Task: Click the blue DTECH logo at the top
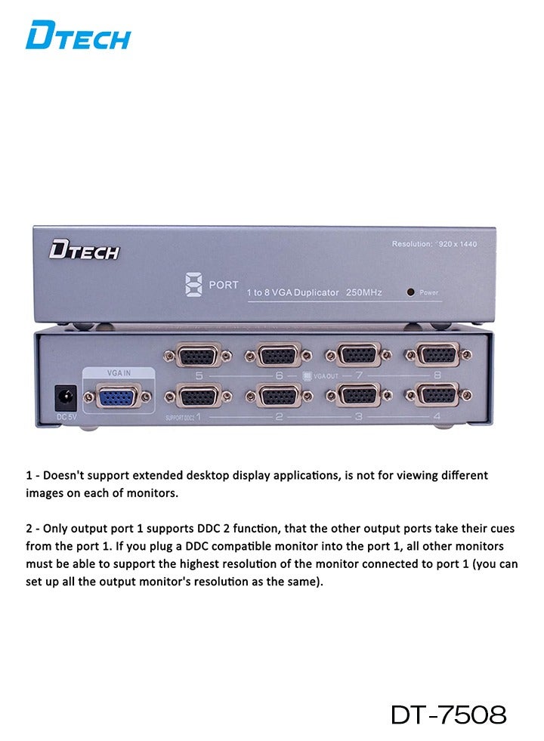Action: point(78,36)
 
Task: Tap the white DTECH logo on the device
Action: point(84,251)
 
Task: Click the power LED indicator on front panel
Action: point(410,292)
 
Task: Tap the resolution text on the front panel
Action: point(434,244)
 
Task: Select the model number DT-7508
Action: point(448,715)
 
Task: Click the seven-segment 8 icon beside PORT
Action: point(191,286)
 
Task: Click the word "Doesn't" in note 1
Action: point(63,475)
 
